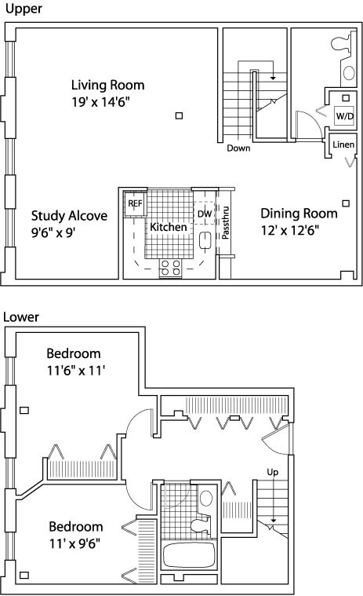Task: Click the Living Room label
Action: pos(108,85)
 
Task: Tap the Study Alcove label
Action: pos(69,215)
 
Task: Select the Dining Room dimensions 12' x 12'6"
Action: pos(290,230)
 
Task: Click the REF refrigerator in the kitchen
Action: pos(135,203)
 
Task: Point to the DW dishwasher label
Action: pos(205,214)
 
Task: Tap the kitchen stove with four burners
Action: pos(170,268)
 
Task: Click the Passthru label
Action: pos(225,222)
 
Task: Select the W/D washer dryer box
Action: pos(344,115)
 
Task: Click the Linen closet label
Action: pos(343,144)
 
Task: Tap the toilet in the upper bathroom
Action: pos(343,44)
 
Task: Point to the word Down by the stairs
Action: pos(238,148)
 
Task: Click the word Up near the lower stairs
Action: pos(272,472)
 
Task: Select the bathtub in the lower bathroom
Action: pos(189,554)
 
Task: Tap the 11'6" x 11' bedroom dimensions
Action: pos(76,370)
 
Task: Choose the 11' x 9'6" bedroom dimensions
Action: pos(74,543)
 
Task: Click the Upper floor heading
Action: pos(24,9)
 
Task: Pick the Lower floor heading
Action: pos(21,316)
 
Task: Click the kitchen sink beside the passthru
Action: pos(205,240)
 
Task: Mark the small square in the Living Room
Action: pos(179,115)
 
